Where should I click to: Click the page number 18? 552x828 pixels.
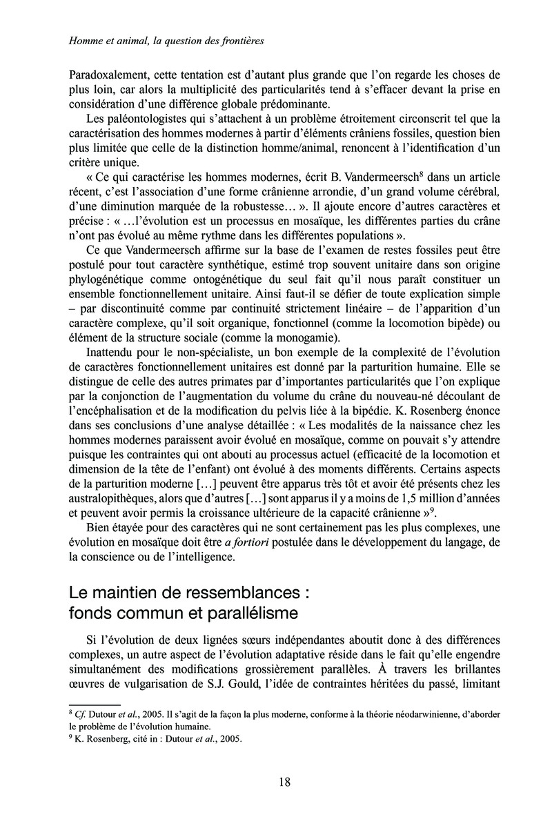click(284, 782)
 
